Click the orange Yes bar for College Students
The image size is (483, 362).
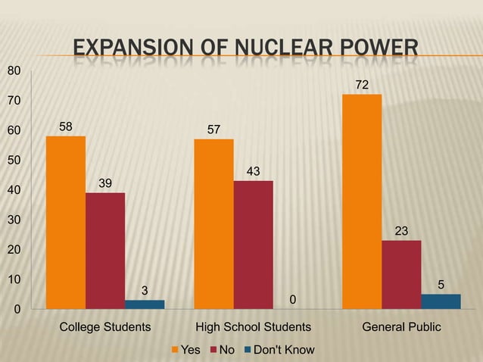click(x=66, y=223)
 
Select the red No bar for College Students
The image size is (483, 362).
click(x=105, y=251)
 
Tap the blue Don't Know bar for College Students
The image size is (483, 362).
click(x=145, y=304)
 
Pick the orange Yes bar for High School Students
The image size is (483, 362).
click(x=213, y=224)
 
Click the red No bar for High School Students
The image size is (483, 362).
click(x=253, y=245)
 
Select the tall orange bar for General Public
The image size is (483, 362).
click(x=362, y=201)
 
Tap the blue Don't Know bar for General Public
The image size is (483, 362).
click(x=441, y=301)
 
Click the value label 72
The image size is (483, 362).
click(x=362, y=86)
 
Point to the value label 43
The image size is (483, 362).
click(x=253, y=172)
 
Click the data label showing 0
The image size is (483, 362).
click(x=292, y=301)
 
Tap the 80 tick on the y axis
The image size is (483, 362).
click(x=14, y=70)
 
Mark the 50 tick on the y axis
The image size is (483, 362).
click(x=14, y=160)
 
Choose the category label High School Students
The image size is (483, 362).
click(x=253, y=328)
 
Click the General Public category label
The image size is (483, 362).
click(x=401, y=328)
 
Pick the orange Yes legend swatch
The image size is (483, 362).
click(x=175, y=350)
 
